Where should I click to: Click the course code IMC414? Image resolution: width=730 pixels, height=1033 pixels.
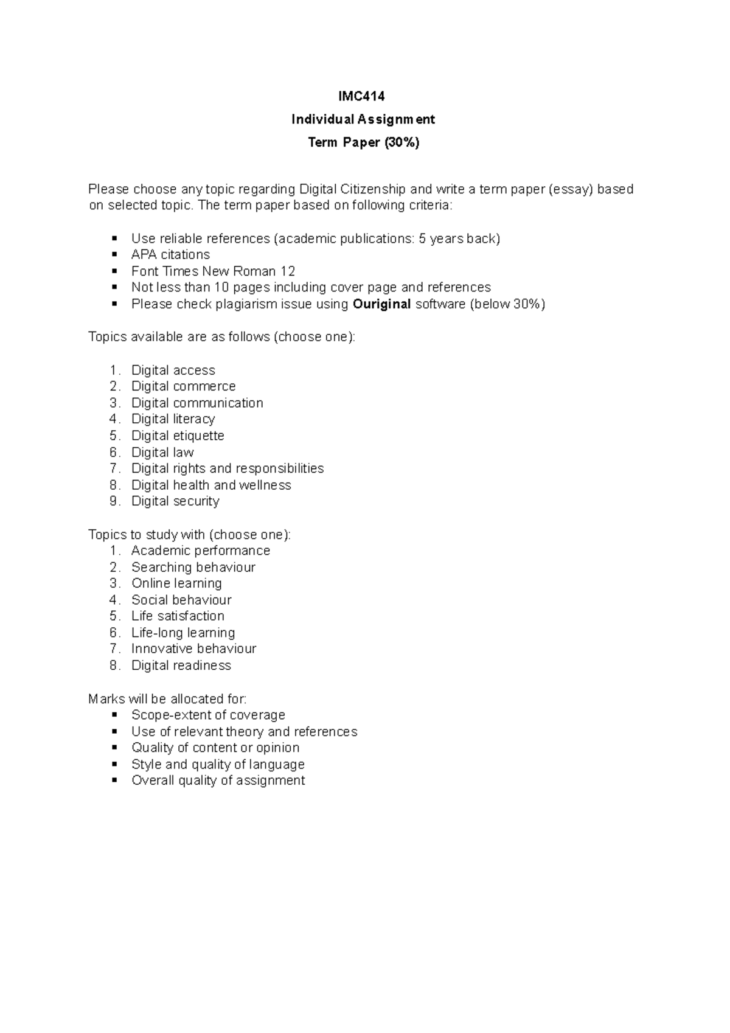point(362,96)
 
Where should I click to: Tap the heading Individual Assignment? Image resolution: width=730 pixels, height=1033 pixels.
point(363,119)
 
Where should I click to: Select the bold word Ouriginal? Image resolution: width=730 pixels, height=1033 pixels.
point(381,304)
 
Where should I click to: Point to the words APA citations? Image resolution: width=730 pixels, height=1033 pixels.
point(170,255)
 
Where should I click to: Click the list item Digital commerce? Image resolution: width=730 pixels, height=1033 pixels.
point(183,386)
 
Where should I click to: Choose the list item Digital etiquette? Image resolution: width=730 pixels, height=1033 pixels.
point(178,436)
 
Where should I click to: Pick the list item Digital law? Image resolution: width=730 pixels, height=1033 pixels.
point(162,453)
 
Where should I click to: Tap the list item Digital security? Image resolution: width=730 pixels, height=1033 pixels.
point(175,501)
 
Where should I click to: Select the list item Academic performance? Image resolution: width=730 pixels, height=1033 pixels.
point(201,551)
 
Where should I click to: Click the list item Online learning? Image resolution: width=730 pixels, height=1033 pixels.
point(176,583)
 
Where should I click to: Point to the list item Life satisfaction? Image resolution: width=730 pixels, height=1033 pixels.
point(178,616)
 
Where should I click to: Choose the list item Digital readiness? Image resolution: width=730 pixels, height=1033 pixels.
point(181,666)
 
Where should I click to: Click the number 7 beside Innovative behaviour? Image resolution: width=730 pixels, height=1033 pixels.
point(114,649)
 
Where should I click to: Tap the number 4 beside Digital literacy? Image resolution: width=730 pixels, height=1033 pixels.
point(114,419)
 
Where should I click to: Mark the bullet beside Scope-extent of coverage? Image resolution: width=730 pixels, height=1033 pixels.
point(114,715)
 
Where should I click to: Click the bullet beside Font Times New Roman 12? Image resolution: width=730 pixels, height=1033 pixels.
point(114,271)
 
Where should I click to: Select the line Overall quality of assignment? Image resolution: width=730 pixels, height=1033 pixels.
point(218,781)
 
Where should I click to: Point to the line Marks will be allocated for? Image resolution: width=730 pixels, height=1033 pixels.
point(167,699)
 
